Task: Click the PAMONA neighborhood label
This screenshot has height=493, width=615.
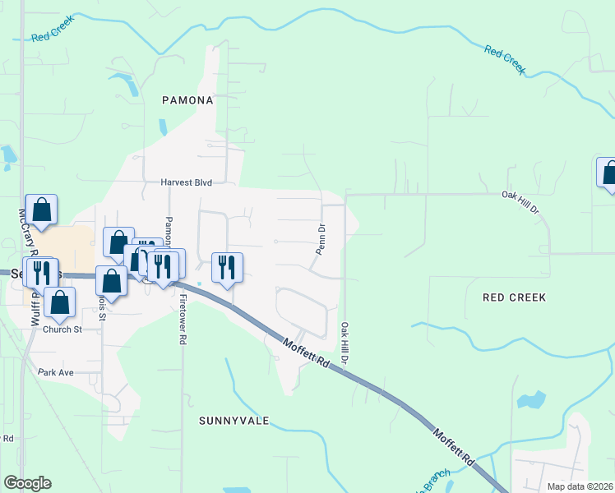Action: (187, 100)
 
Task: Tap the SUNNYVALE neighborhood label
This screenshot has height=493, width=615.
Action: (234, 420)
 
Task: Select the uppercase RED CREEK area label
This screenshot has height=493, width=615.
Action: (515, 297)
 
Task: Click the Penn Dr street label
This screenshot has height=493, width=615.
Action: (321, 238)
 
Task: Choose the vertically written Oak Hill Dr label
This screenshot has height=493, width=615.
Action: (345, 343)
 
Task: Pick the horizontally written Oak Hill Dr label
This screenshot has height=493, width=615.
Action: (520, 203)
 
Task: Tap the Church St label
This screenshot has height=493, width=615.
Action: (63, 329)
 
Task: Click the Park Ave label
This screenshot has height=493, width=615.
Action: (56, 372)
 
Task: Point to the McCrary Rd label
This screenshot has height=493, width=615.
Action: (23, 233)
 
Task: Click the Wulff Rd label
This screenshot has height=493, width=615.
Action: (36, 308)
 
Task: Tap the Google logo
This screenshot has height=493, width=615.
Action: (27, 483)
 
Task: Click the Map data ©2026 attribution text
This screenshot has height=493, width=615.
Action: (580, 486)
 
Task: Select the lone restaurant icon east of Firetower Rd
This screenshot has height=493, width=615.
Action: (227, 266)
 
